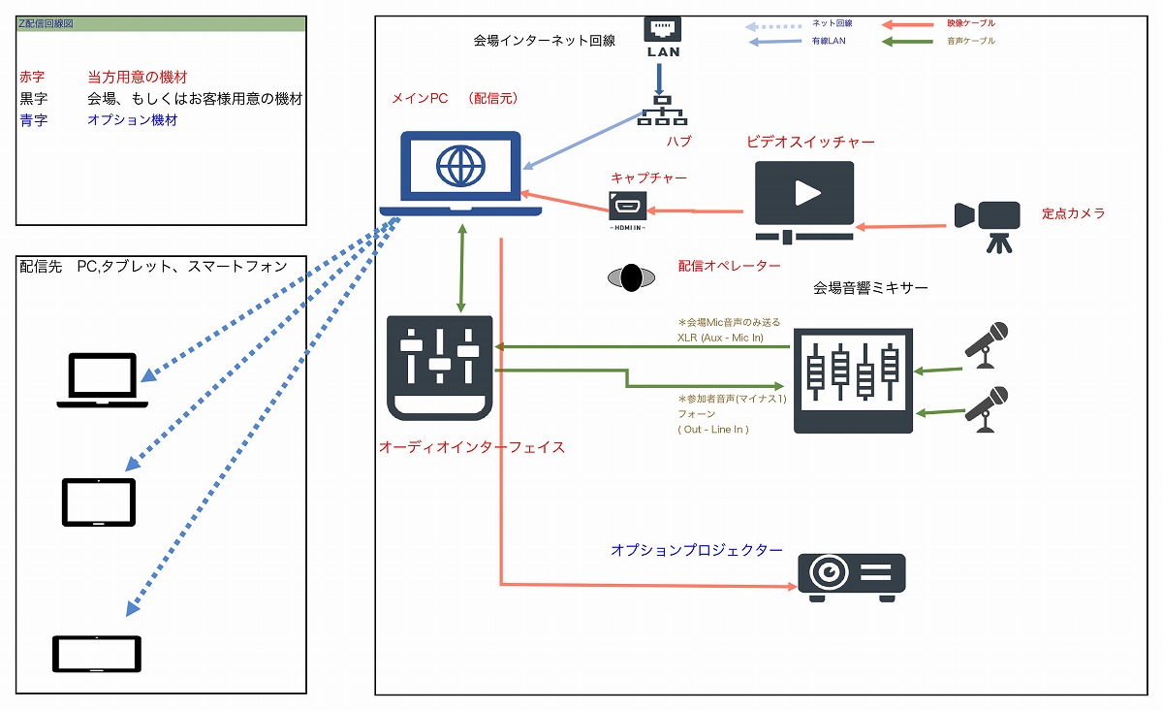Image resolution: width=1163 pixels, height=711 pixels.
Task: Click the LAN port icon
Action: (x=663, y=36)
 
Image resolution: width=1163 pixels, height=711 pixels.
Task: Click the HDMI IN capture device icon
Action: (x=627, y=209)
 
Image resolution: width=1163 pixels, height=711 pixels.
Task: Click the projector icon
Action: (x=851, y=577)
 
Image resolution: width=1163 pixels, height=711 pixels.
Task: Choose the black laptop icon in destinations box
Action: (x=102, y=380)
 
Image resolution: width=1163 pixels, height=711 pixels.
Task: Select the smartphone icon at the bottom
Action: (x=97, y=654)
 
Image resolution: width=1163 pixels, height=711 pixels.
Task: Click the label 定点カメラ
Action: (x=1073, y=213)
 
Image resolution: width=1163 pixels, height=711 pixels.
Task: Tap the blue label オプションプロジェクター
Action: (x=696, y=550)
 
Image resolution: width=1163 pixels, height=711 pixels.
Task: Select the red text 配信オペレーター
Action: (x=729, y=265)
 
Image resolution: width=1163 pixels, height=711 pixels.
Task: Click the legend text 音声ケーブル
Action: (x=970, y=42)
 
